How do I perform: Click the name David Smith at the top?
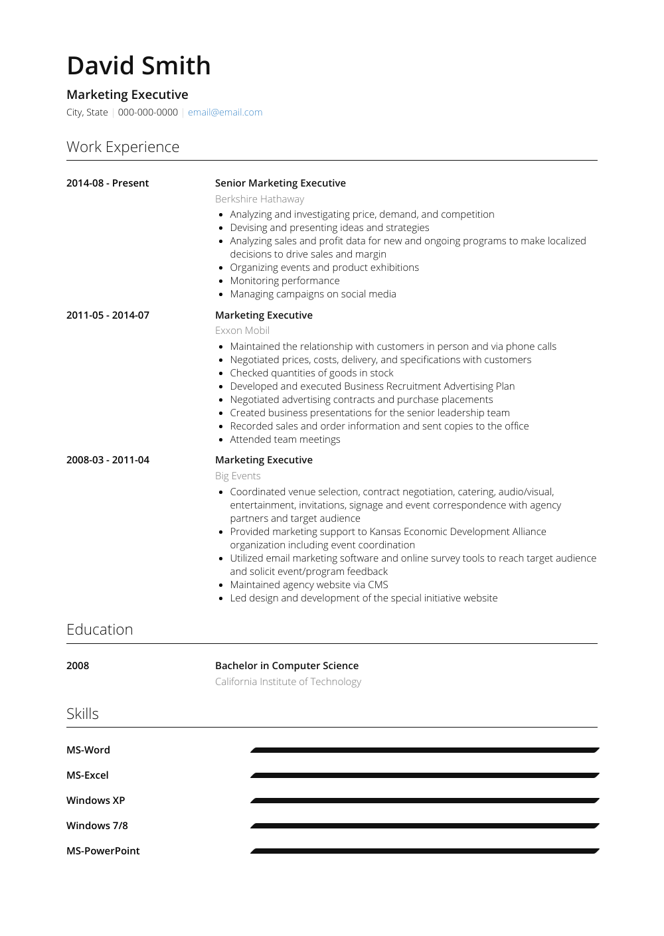click(139, 66)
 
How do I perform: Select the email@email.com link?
click(225, 112)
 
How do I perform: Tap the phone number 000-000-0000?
click(147, 112)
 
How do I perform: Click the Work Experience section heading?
click(123, 147)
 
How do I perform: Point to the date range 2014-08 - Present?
click(108, 183)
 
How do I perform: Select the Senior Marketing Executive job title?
click(280, 183)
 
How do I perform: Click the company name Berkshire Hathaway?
click(260, 199)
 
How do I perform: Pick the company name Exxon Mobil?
click(242, 331)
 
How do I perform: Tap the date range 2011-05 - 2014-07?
click(108, 315)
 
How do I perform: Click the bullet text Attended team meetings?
click(285, 439)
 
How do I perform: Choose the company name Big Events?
click(238, 476)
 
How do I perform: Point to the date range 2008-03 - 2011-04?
click(108, 460)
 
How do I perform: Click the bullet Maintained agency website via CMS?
click(309, 585)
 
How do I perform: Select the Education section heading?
click(100, 629)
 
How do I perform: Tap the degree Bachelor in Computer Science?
click(287, 666)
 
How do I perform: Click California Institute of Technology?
click(288, 682)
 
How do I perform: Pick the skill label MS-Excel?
click(88, 775)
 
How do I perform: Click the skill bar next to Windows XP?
click(425, 801)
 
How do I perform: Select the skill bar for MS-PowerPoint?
click(425, 851)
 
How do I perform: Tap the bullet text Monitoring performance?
click(285, 281)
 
